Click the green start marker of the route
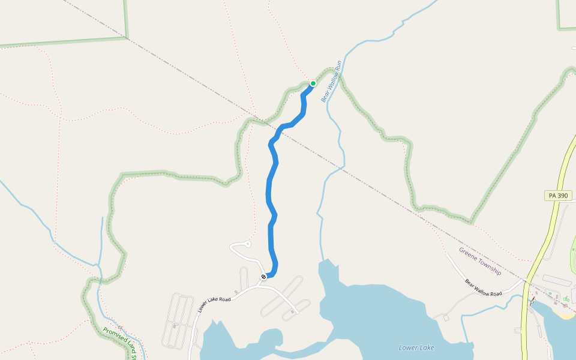click(313, 83)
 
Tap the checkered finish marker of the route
click(263, 277)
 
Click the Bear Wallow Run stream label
click(331, 81)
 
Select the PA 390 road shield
click(559, 196)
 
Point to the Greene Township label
click(480, 261)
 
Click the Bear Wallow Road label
click(483, 287)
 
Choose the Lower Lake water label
click(416, 347)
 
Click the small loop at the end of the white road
click(247, 244)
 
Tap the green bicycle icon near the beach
click(566, 298)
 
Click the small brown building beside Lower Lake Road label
click(236, 292)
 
